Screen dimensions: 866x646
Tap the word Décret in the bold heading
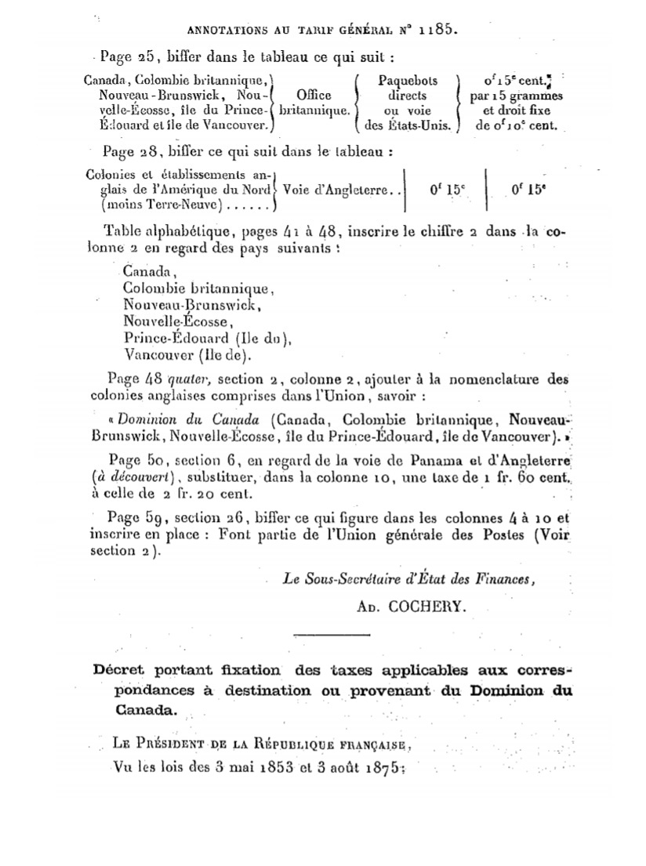(x=121, y=671)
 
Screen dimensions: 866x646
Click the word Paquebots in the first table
(x=408, y=80)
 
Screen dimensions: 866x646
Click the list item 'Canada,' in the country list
(x=150, y=272)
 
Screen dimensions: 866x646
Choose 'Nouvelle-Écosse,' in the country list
(x=178, y=321)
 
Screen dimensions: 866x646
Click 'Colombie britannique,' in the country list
(x=198, y=288)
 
